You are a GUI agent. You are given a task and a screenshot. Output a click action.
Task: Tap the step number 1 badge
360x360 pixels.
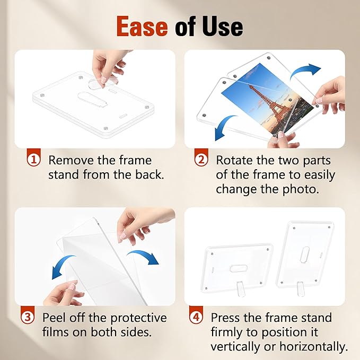point(33,160)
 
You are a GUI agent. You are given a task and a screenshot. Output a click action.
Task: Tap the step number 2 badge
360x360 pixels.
point(201,160)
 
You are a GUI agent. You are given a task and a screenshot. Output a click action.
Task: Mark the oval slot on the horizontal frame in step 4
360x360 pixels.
point(239,265)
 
